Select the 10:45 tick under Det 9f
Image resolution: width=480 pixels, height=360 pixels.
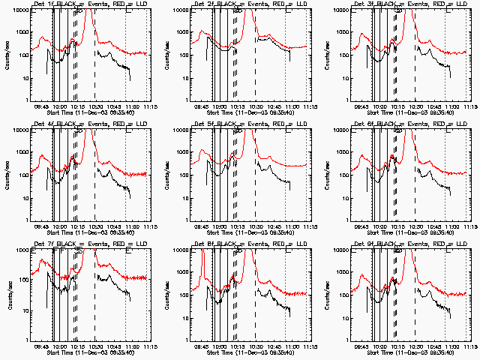[427, 346]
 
